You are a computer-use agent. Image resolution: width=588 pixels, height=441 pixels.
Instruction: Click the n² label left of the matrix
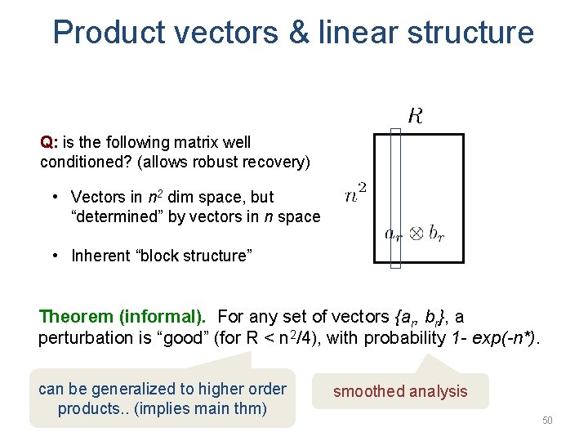click(355, 194)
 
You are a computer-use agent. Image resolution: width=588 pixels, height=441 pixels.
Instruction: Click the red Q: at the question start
click(48, 142)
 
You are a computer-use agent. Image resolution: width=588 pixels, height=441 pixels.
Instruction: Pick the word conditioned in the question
click(78, 162)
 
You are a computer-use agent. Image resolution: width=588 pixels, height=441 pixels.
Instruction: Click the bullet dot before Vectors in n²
click(53, 197)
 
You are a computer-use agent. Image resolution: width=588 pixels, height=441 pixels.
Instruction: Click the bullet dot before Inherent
click(53, 256)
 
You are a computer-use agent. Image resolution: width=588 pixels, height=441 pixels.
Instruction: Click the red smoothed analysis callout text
click(400, 391)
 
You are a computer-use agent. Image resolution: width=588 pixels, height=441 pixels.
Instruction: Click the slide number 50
click(547, 421)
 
